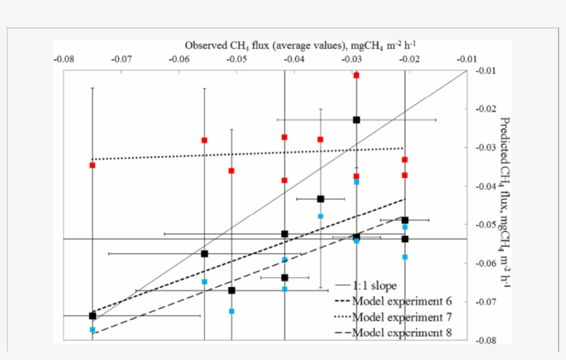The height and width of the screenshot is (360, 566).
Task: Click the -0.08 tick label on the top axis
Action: pos(64,59)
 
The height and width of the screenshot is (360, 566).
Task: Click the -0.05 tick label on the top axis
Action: pos(237,59)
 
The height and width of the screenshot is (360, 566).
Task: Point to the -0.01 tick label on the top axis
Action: pos(467,59)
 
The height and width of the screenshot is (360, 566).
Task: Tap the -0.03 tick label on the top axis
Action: pos(352,59)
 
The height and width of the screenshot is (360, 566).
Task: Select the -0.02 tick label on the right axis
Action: pos(486,109)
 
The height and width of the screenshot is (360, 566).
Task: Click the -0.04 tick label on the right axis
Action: pos(486,186)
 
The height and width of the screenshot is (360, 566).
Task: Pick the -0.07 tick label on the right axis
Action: pos(486,302)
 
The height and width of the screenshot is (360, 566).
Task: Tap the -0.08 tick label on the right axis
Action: pos(486,340)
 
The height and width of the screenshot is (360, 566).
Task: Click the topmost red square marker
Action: pos(356,74)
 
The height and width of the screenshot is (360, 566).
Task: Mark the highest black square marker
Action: pos(356,120)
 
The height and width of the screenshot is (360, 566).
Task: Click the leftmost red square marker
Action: pos(92,166)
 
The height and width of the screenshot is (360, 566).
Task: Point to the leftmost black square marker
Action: pos(92,315)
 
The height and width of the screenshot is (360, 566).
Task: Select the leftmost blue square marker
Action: pos(92,330)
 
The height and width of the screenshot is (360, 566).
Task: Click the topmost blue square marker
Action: pos(356,182)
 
